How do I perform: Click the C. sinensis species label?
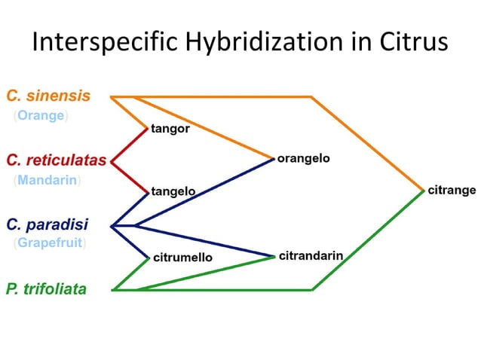click(x=48, y=96)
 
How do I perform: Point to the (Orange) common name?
click(x=41, y=115)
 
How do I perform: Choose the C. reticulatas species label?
click(x=56, y=160)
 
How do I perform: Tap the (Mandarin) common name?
click(x=47, y=180)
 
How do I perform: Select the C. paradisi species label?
click(x=47, y=224)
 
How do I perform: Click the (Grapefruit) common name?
click(x=50, y=243)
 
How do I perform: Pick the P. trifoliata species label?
click(x=46, y=288)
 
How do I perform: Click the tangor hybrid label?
click(x=170, y=129)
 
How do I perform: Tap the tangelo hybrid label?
click(x=173, y=192)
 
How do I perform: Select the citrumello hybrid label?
click(x=182, y=258)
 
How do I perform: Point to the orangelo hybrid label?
click(x=303, y=159)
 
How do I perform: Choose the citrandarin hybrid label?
click(x=311, y=256)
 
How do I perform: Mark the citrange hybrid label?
click(x=452, y=190)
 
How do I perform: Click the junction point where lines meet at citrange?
click(x=424, y=191)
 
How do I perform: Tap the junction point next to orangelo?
click(x=273, y=160)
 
